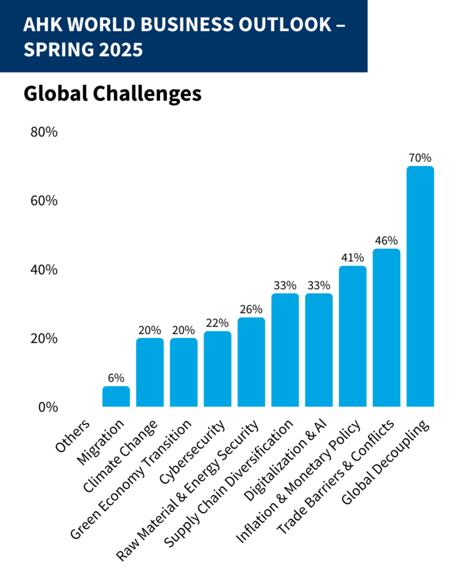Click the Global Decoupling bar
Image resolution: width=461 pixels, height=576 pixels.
[420, 287]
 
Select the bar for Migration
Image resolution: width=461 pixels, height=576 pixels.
[116, 397]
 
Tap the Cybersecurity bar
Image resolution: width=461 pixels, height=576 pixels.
[217, 369]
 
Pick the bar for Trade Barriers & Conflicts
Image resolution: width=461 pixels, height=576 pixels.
[386, 328]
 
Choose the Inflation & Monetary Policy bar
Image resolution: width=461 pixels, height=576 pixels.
[352, 336]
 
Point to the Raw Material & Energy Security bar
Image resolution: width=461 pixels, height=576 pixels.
[251, 362]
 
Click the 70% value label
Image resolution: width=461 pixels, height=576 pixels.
[420, 157]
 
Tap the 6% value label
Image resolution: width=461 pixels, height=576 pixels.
[116, 378]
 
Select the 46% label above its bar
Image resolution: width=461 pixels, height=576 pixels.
[386, 241]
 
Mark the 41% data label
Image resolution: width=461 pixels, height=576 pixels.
[352, 258]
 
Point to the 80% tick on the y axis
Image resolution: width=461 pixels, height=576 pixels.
[44, 132]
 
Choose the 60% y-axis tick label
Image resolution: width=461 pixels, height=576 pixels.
[44, 201]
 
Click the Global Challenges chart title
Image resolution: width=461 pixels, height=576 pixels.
[113, 93]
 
